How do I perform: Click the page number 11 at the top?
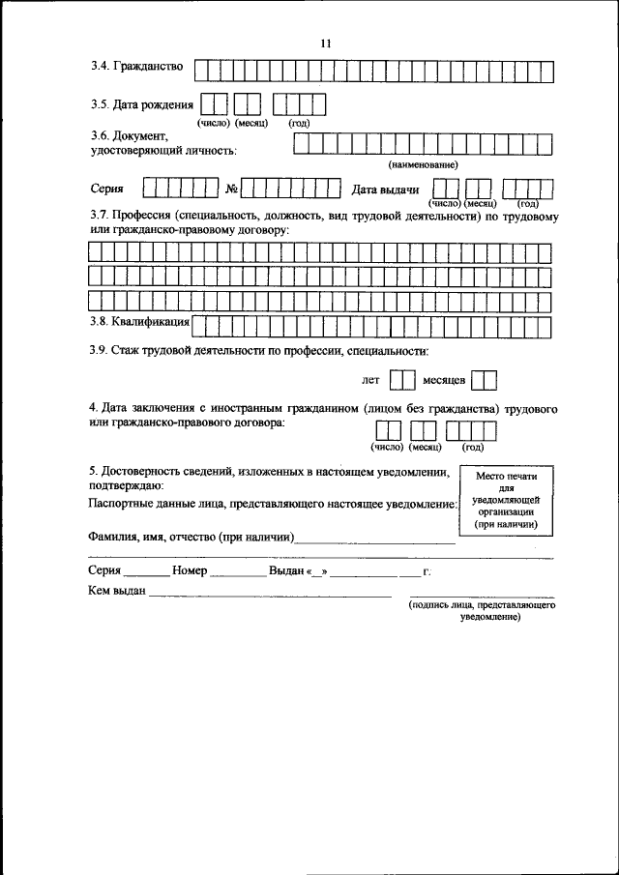tap(325, 43)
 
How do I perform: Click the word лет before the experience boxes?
tap(371, 382)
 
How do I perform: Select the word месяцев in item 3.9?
tap(445, 382)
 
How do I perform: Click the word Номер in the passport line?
tap(191, 571)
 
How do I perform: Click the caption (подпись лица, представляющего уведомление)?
tap(481, 610)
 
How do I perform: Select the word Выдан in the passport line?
tap(286, 571)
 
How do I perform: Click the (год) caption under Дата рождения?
tap(299, 125)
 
